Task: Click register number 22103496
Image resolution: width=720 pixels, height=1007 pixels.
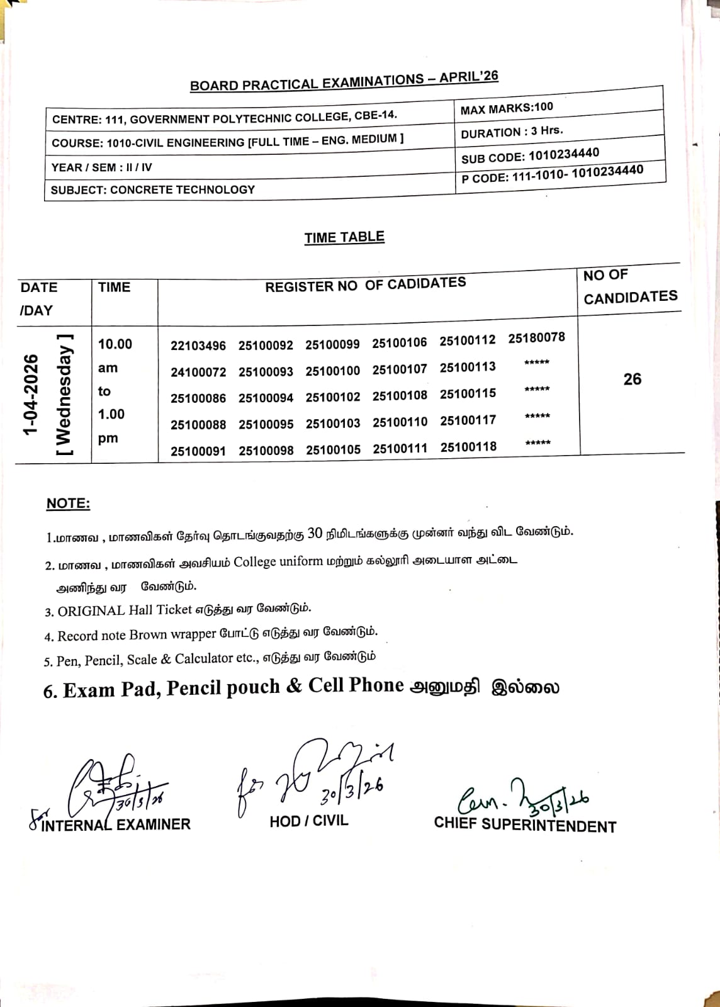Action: tap(198, 346)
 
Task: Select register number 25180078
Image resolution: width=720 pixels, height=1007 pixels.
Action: tap(537, 337)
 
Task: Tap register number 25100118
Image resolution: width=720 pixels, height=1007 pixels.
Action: tap(468, 447)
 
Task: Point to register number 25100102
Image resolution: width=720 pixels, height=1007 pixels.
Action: tap(333, 397)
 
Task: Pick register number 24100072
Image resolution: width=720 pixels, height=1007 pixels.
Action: tap(198, 372)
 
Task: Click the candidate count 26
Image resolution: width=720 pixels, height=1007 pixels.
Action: tap(632, 379)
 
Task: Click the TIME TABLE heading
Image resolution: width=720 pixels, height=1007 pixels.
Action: tap(344, 237)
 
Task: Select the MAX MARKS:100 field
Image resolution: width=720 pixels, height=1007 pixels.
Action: tap(507, 108)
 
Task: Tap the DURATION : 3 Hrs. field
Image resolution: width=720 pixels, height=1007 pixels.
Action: tap(512, 132)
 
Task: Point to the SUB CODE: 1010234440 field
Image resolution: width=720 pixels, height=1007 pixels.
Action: tap(530, 155)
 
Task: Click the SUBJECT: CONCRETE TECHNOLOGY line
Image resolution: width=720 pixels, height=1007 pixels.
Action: tap(153, 189)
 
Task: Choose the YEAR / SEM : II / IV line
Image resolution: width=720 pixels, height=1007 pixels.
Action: tap(101, 167)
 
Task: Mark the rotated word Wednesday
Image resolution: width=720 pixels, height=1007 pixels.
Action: tap(64, 395)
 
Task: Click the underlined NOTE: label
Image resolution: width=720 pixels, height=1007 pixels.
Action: tap(68, 503)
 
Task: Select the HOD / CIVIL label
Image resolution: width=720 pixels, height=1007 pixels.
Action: tap(308, 821)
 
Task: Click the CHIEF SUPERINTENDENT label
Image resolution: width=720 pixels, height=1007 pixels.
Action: tap(525, 824)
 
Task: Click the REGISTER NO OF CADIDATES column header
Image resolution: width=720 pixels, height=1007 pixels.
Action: tap(365, 285)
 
